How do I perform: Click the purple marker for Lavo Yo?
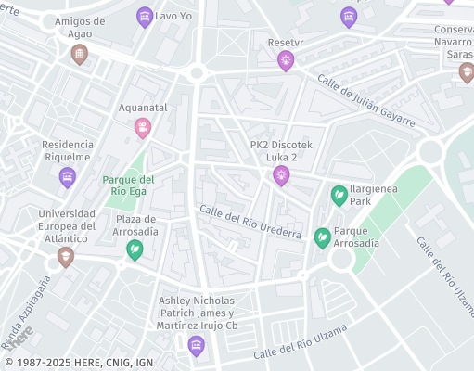(144, 16)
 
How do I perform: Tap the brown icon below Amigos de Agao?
(80, 55)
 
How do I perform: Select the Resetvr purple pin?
(285, 61)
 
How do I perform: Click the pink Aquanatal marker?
(142, 127)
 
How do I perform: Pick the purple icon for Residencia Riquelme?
(67, 177)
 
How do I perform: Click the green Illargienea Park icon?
(339, 196)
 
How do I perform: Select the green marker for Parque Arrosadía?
(322, 237)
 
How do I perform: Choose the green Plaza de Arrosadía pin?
(135, 249)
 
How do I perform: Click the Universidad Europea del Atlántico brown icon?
(65, 257)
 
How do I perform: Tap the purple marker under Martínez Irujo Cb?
(196, 346)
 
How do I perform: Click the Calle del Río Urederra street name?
(250, 223)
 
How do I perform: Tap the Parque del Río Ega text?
(128, 185)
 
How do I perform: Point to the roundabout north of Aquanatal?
(197, 73)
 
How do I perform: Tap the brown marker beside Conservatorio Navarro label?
(467, 71)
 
